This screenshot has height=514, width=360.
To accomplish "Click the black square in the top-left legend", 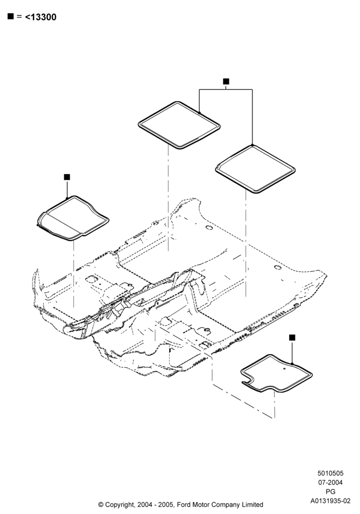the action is (x=10, y=16).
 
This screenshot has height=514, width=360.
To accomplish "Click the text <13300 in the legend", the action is (x=41, y=17).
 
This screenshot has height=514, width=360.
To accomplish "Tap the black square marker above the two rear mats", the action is (x=226, y=81).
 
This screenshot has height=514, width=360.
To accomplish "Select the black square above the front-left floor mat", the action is (x=67, y=177).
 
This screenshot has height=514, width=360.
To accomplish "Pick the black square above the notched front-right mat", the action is (x=292, y=337).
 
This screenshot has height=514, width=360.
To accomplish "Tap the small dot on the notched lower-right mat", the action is (x=284, y=369).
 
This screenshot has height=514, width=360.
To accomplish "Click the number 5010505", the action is (x=330, y=473).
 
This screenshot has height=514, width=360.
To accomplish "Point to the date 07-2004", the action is (x=330, y=482).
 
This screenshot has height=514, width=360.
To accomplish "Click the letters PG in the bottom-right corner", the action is (x=331, y=491).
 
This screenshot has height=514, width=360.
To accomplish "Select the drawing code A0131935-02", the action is (x=331, y=501).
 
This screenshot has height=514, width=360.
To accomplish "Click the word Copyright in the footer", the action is (x=119, y=505).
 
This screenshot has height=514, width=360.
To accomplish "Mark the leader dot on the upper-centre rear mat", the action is (x=200, y=113).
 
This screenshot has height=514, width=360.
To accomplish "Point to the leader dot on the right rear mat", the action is (x=252, y=145).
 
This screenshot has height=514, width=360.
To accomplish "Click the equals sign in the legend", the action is (x=19, y=16).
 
